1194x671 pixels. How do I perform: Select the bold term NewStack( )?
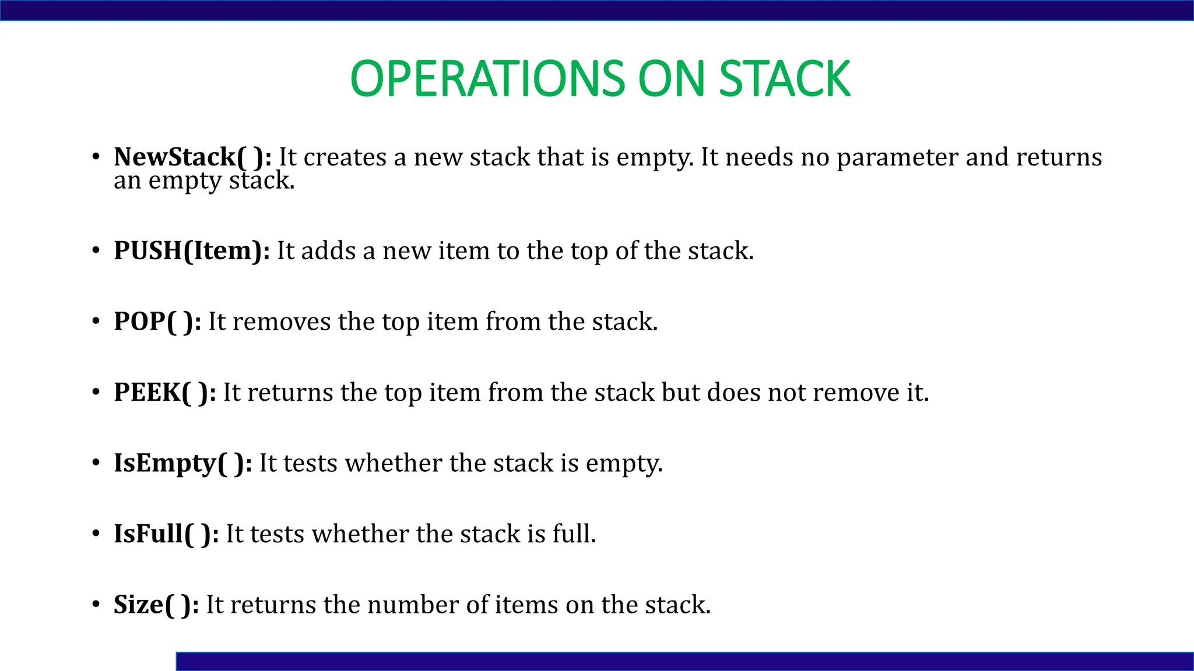pos(192,157)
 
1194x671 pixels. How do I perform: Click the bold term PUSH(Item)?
pos(192,251)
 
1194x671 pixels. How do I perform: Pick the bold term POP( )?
pos(157,322)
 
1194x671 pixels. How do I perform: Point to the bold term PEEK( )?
pos(165,393)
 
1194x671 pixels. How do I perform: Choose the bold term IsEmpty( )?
pos(182,464)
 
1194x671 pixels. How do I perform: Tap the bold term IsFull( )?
pos(166,534)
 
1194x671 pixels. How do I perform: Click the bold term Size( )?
pos(156,605)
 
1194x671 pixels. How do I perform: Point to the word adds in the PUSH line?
pos(328,251)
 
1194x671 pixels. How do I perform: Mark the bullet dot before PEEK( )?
pos(96,392)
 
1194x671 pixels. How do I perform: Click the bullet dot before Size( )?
pos(96,605)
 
